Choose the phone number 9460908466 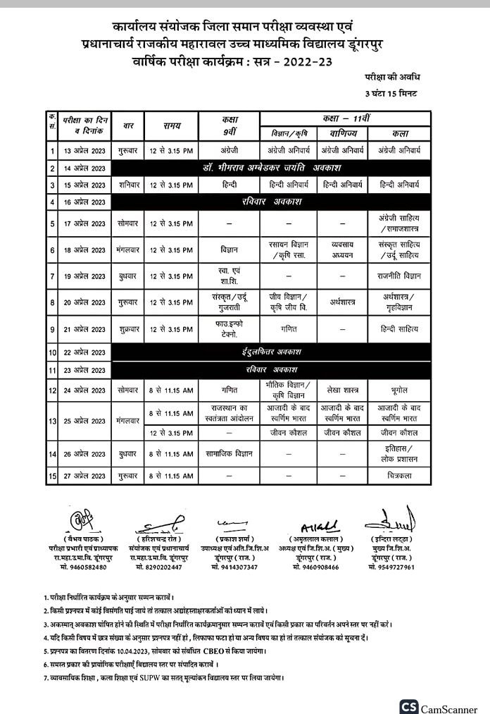[x=316, y=567]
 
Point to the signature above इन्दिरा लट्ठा [x=389, y=522]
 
